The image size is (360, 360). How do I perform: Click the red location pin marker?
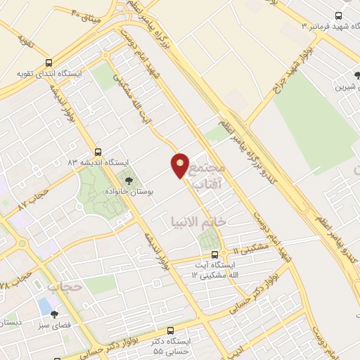[x=180, y=165]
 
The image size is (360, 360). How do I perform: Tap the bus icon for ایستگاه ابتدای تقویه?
[x=49, y=62]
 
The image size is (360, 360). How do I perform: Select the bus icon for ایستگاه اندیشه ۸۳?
[x=98, y=150]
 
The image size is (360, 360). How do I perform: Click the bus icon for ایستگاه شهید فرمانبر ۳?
[x=339, y=16]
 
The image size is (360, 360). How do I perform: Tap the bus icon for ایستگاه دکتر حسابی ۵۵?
[x=171, y=329]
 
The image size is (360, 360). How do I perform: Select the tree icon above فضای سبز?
[x=53, y=316]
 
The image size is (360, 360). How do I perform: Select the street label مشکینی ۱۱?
[x=246, y=249]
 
